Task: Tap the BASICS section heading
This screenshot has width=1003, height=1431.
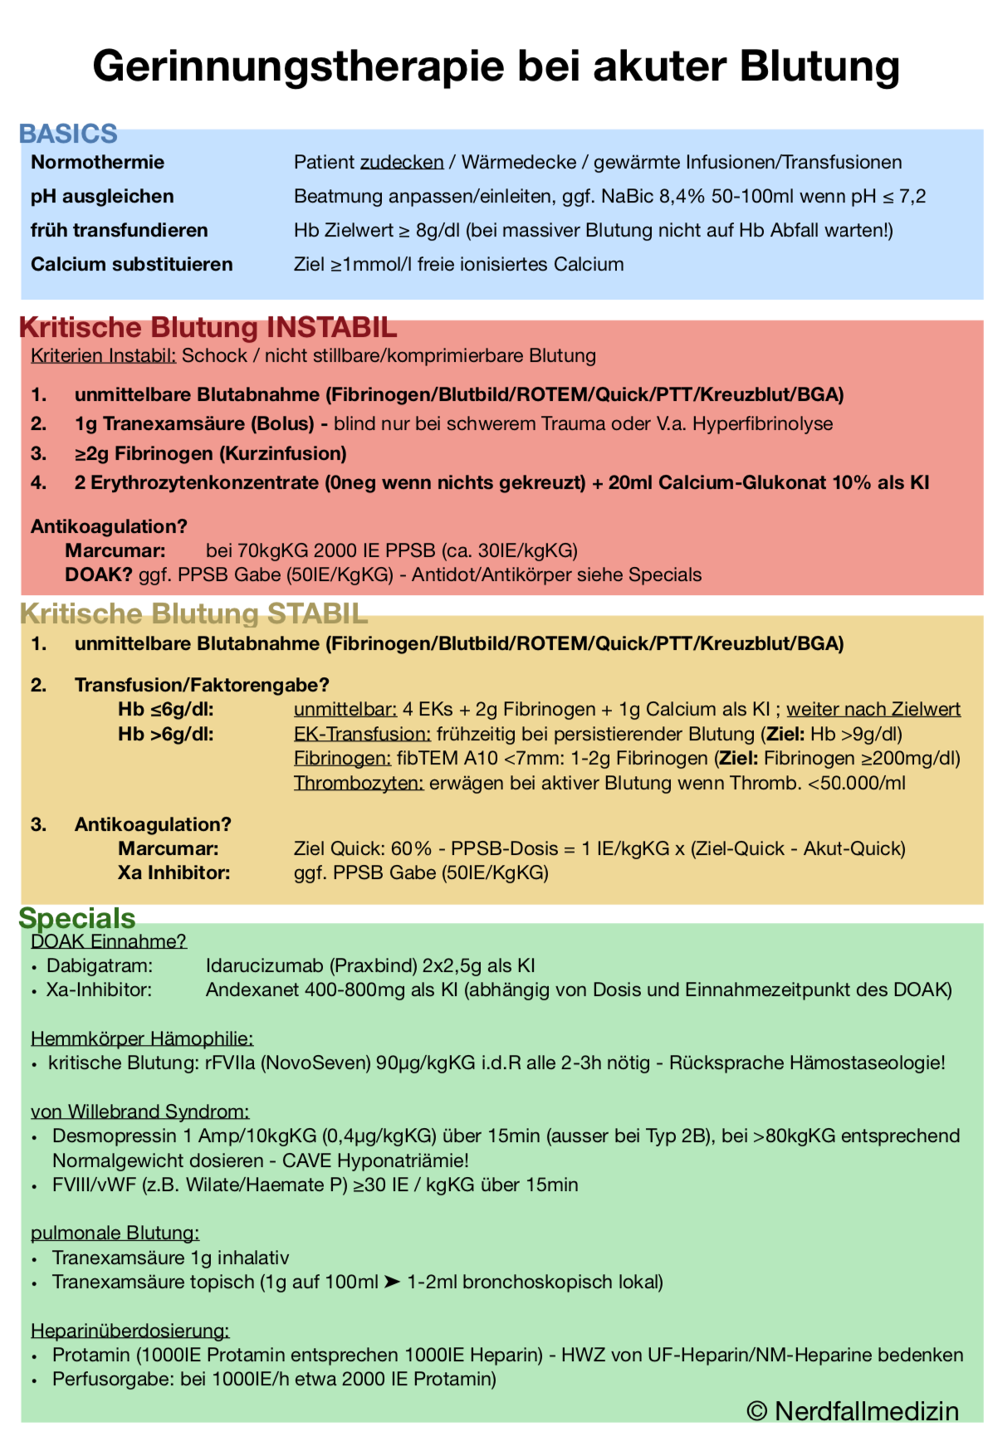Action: [68, 134]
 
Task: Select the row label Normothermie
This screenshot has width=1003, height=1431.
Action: [97, 162]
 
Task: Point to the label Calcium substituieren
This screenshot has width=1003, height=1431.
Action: [131, 264]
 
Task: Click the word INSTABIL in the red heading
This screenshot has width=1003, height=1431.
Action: [331, 327]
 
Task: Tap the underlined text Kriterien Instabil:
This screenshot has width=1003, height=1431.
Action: [103, 355]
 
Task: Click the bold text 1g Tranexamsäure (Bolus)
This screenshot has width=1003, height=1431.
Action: [194, 423]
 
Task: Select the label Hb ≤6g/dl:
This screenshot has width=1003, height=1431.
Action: [165, 709]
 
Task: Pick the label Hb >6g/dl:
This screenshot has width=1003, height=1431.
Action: [165, 734]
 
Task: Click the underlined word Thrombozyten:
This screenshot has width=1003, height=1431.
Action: [359, 783]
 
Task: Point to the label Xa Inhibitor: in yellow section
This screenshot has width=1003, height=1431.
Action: [174, 872]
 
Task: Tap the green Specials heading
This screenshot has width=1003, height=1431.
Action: [77, 918]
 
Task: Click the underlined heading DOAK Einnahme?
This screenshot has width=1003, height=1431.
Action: [108, 940]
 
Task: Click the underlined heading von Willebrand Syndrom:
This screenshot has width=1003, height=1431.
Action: [139, 1111]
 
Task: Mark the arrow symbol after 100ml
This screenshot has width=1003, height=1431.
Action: [392, 1282]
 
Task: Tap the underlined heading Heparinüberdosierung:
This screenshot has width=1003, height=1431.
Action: [130, 1331]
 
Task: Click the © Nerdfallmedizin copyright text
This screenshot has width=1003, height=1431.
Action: [853, 1410]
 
